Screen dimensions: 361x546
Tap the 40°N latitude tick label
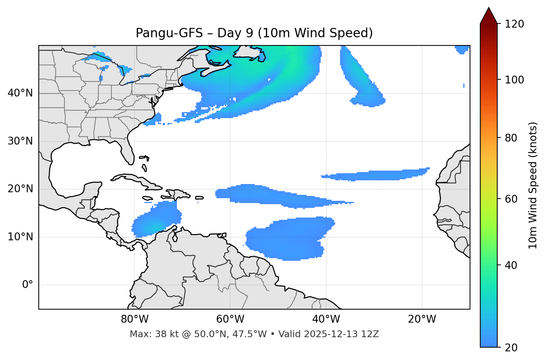pos(20,93)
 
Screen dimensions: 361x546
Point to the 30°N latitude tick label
pos(20,141)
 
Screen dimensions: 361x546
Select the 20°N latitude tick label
pos(20,189)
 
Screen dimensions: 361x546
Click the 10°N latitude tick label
pos(20,237)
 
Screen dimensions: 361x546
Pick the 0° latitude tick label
pos(28,285)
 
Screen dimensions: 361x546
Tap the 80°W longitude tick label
pos(134,319)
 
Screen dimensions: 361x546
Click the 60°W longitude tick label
pos(230,319)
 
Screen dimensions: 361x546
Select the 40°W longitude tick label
pos(326,319)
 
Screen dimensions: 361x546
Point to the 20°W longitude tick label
pos(422,319)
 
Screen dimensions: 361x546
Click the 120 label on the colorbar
pos(514,24)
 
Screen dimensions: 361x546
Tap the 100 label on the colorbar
pos(514,80)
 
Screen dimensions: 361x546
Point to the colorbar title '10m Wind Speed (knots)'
pos(533,185)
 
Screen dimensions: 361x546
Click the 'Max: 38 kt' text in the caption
pos(146,334)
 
